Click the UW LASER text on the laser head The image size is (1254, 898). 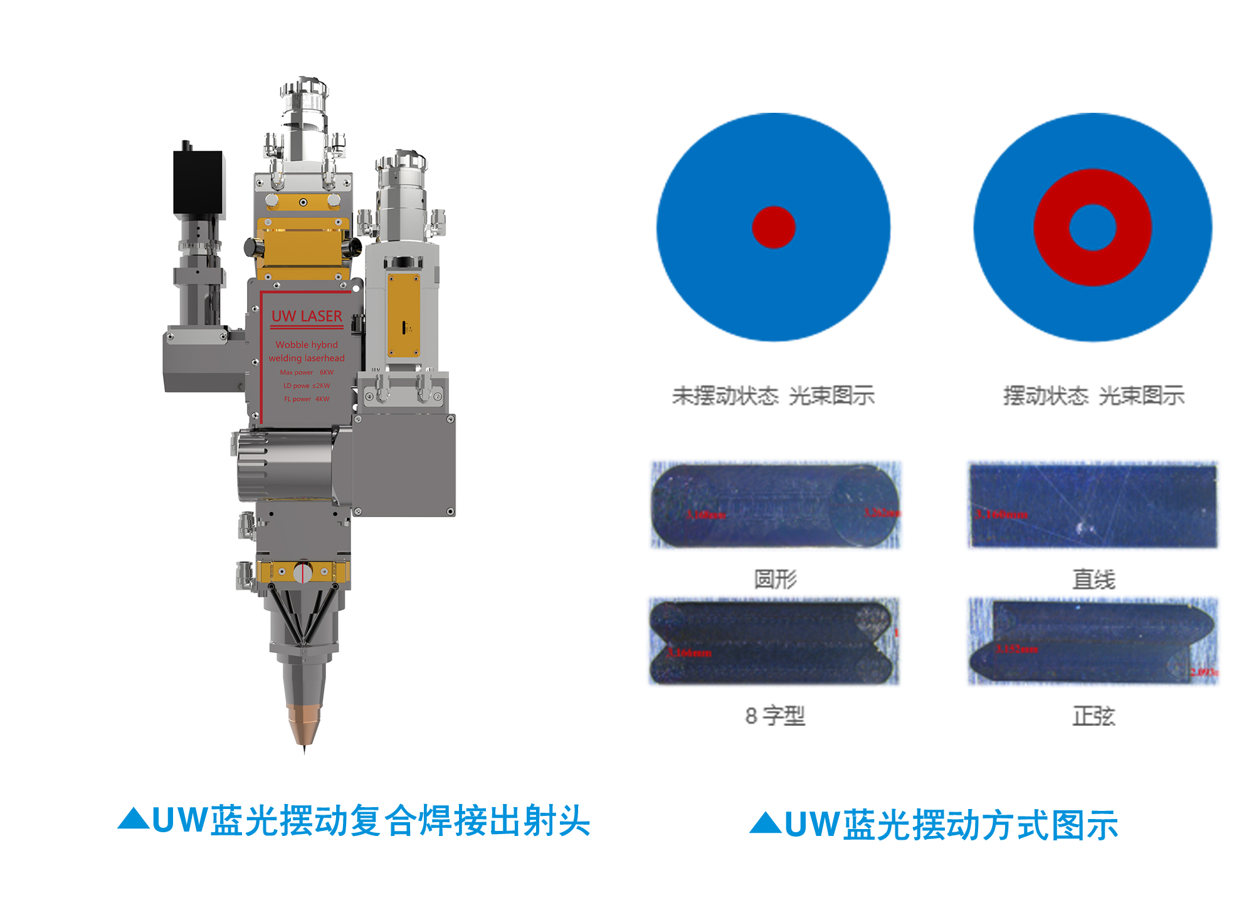click(x=307, y=316)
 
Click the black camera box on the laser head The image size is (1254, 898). click(x=198, y=182)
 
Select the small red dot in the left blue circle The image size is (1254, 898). click(x=774, y=227)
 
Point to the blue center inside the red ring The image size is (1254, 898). click(x=1093, y=227)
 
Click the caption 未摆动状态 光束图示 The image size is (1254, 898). click(x=773, y=396)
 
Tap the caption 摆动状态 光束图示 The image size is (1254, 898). click(x=1093, y=396)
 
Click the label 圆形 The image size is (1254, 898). click(x=776, y=579)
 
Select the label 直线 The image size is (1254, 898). click(x=1093, y=579)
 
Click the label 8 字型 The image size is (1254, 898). click(x=775, y=715)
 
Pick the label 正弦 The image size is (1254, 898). click(x=1093, y=716)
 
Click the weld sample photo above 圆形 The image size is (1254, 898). click(x=776, y=505)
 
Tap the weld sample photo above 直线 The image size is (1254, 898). click(x=1093, y=505)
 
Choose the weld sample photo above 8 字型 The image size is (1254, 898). click(x=774, y=641)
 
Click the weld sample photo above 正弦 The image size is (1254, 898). click(x=1093, y=641)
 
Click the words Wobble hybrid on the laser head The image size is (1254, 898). click(x=307, y=345)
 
